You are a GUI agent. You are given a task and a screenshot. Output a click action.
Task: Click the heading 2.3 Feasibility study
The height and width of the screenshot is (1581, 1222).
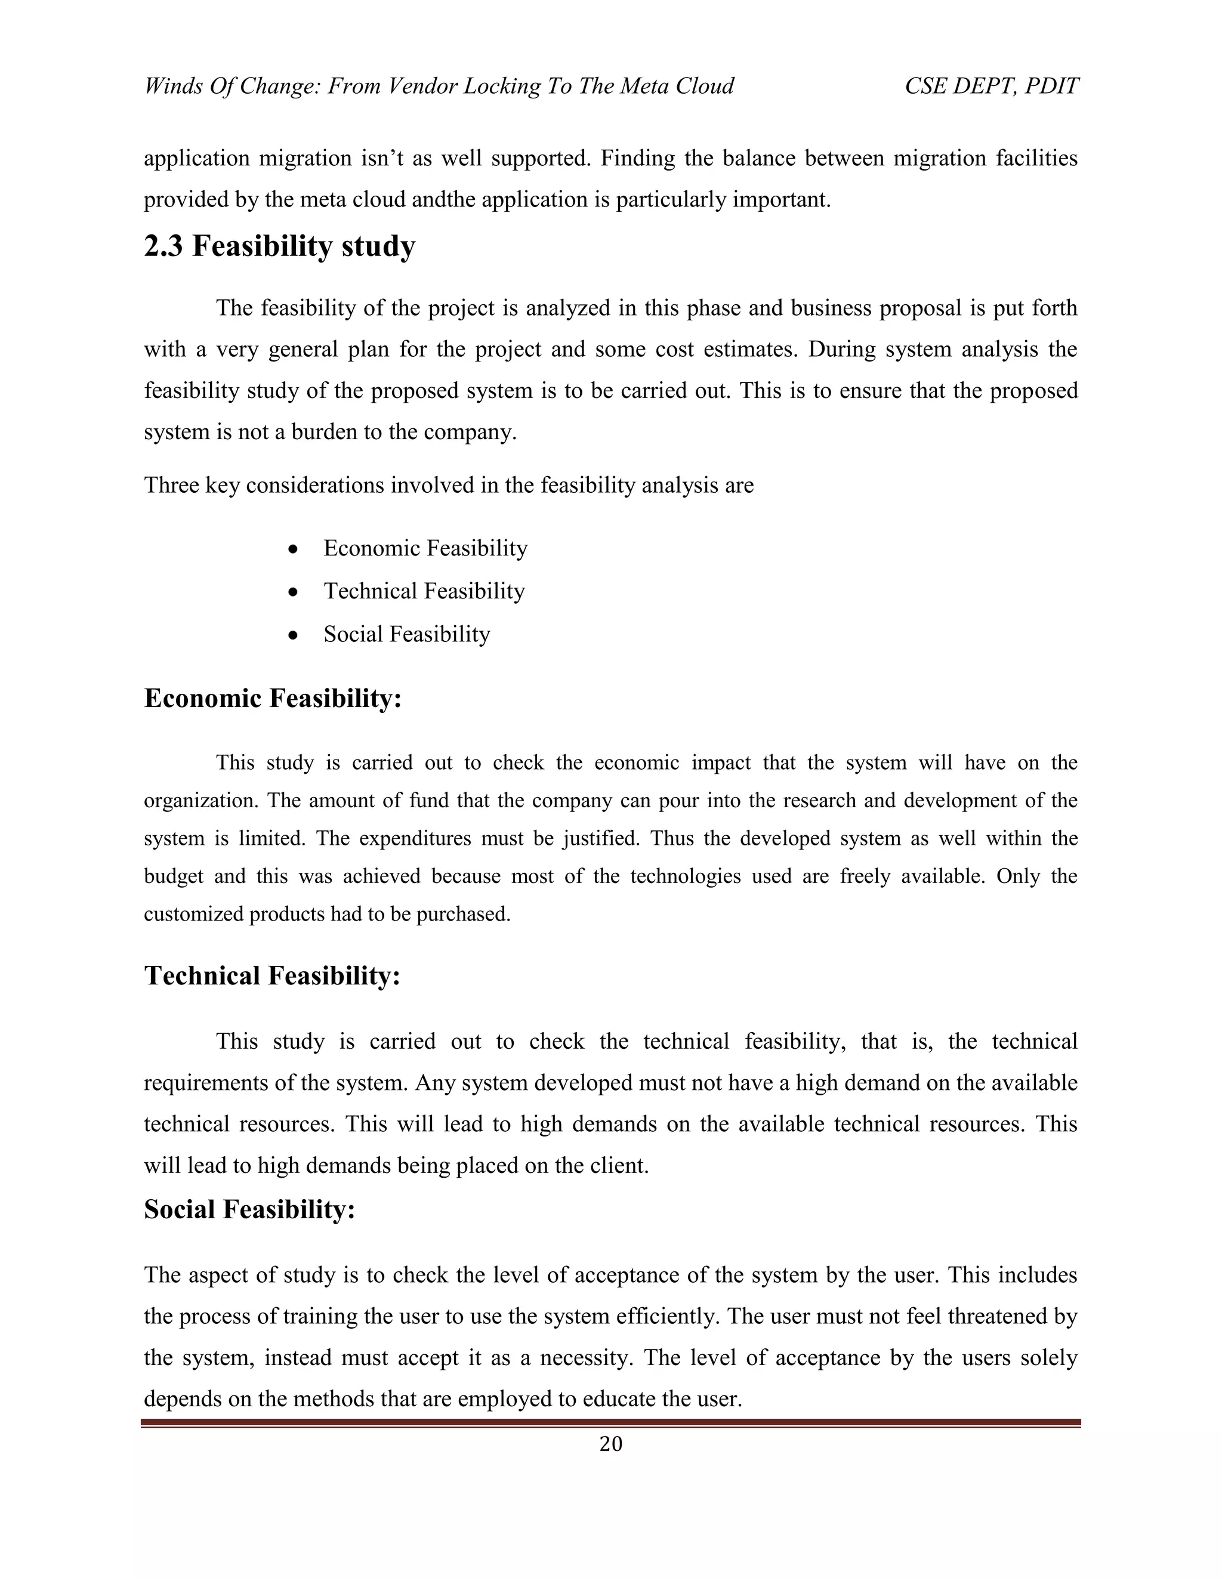pos(279,247)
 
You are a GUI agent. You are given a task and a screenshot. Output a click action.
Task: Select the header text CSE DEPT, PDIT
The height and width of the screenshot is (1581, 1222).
pos(991,86)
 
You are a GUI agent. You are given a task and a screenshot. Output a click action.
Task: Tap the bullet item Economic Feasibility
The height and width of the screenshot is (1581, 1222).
pos(425,548)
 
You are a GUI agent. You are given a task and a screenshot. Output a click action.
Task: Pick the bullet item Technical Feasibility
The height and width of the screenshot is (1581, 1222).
pos(424,591)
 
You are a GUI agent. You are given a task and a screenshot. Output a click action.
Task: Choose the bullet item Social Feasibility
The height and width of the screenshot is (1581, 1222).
pos(406,634)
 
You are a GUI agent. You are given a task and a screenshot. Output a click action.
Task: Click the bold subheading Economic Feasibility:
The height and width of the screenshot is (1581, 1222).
pos(272,699)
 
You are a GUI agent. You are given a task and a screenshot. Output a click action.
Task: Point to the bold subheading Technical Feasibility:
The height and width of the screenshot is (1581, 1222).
pos(271,976)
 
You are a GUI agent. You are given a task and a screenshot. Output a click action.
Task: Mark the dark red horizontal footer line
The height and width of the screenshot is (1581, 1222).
pos(610,1423)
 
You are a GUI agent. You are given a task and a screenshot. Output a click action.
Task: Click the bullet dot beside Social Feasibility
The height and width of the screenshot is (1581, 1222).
pos(292,635)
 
